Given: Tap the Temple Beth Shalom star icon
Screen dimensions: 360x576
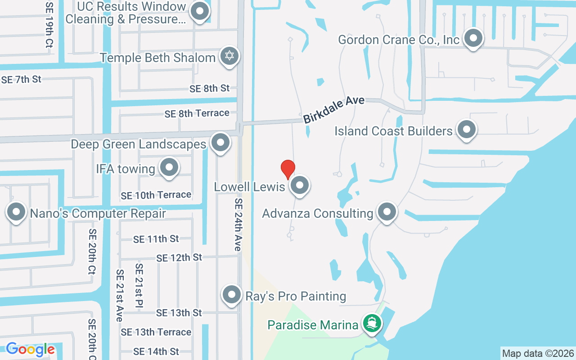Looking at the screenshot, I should click(x=230, y=57).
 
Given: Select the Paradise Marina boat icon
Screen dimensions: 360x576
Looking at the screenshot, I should click(x=372, y=323).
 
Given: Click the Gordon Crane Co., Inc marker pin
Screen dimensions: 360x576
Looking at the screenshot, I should click(x=473, y=39).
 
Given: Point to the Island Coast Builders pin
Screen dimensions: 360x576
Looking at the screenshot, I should click(x=467, y=130).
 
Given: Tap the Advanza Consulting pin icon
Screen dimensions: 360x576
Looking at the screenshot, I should click(x=386, y=212).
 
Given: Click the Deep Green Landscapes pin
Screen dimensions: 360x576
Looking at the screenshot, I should click(x=220, y=143).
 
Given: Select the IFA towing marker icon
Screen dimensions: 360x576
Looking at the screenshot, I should click(x=169, y=168).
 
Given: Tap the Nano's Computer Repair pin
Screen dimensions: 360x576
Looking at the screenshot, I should click(x=16, y=212).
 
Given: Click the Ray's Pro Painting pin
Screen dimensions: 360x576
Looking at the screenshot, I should click(x=232, y=295).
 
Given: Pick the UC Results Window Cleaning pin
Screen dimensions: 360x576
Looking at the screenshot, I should click(x=200, y=12).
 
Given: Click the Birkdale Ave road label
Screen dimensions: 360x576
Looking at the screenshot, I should click(x=333, y=110).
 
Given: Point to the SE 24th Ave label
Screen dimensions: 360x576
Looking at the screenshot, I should click(x=238, y=224).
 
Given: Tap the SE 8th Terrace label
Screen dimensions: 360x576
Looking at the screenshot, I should click(x=197, y=113).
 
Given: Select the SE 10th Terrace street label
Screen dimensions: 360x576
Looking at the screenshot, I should click(x=156, y=195).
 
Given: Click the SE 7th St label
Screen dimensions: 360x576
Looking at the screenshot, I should click(x=21, y=80).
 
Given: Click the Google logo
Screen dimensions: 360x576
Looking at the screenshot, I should click(x=30, y=349).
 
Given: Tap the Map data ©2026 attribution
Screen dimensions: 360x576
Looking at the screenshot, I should click(x=538, y=353).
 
